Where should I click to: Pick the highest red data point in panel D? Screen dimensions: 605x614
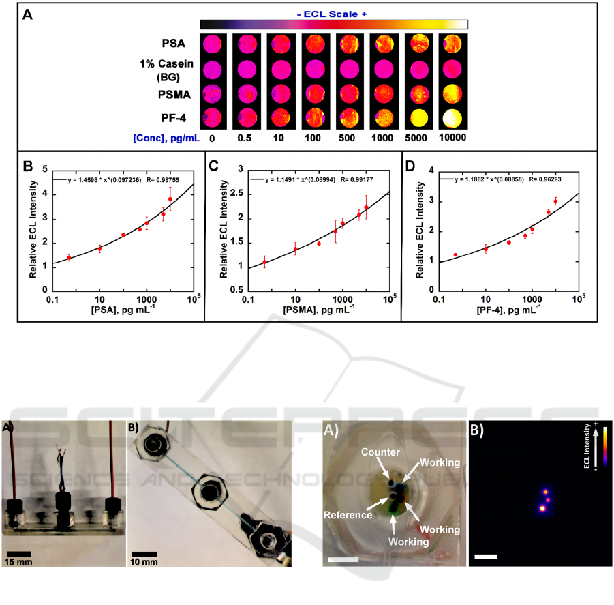tap(555, 201)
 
